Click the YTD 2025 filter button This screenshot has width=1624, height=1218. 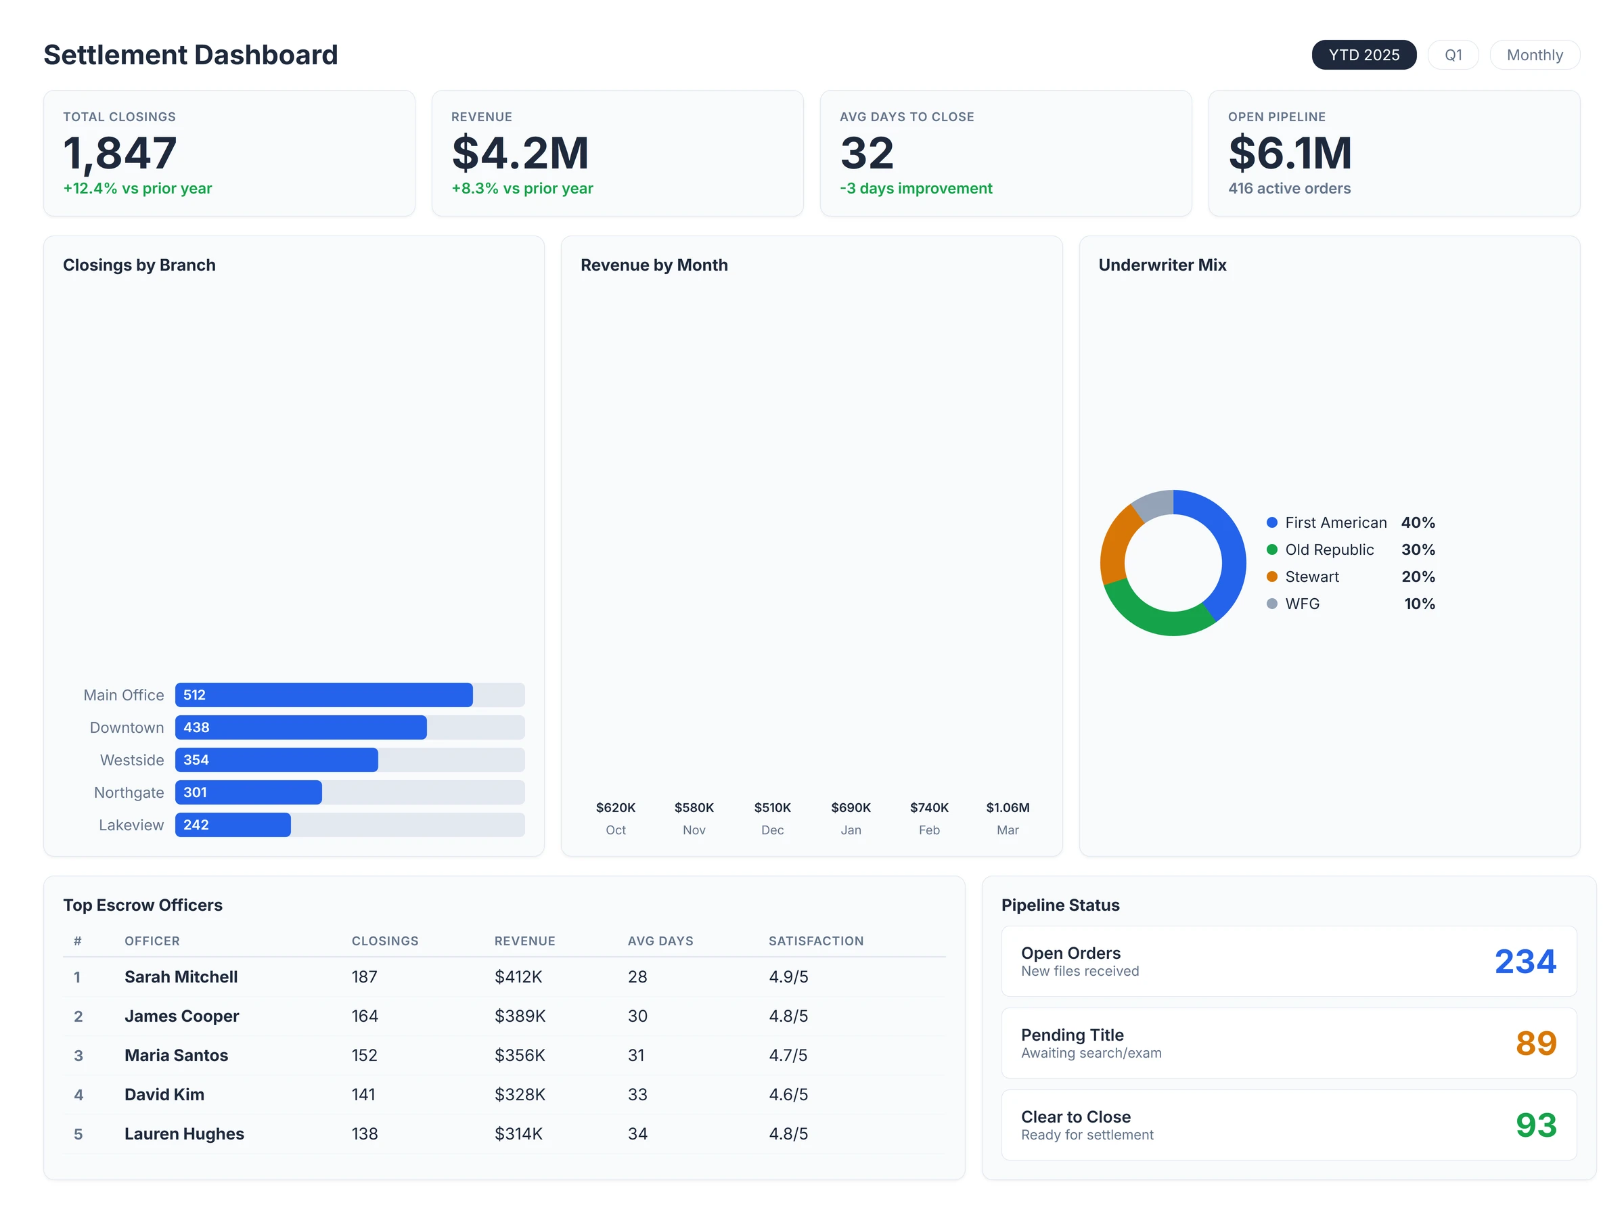coord(1363,55)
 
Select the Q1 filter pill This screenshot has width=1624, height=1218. coord(1452,55)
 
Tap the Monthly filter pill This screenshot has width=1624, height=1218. coord(1534,55)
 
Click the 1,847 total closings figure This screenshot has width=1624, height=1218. coord(120,153)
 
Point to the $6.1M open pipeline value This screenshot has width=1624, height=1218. coord(1289,153)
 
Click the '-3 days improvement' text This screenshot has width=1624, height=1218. coord(916,189)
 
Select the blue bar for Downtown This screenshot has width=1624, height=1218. coord(301,727)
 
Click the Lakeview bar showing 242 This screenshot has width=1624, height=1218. coord(233,824)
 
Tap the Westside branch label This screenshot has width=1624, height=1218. coord(132,760)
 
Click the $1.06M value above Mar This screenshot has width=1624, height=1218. coord(1008,807)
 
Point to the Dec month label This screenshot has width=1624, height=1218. coord(772,830)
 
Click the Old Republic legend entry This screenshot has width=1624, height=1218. coord(1329,550)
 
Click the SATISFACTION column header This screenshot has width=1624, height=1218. coord(815,941)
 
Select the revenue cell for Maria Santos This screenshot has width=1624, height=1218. coord(519,1055)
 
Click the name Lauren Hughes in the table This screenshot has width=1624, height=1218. coord(184,1133)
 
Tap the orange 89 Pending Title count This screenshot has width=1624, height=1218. coord(1535,1043)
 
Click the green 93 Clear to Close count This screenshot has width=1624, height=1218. coord(1535,1125)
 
